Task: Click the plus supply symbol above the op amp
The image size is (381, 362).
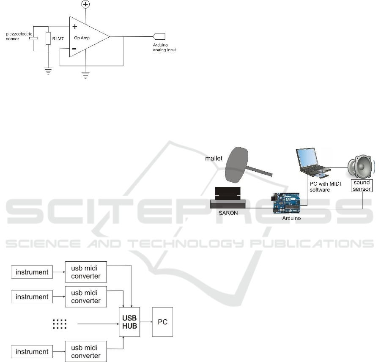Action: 86,5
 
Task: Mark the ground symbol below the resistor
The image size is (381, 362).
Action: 48,70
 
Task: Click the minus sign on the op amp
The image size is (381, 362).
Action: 74,49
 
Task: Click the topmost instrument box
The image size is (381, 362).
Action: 32,272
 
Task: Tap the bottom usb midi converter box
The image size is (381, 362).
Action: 86,351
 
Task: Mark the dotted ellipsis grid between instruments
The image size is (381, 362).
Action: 60,324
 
